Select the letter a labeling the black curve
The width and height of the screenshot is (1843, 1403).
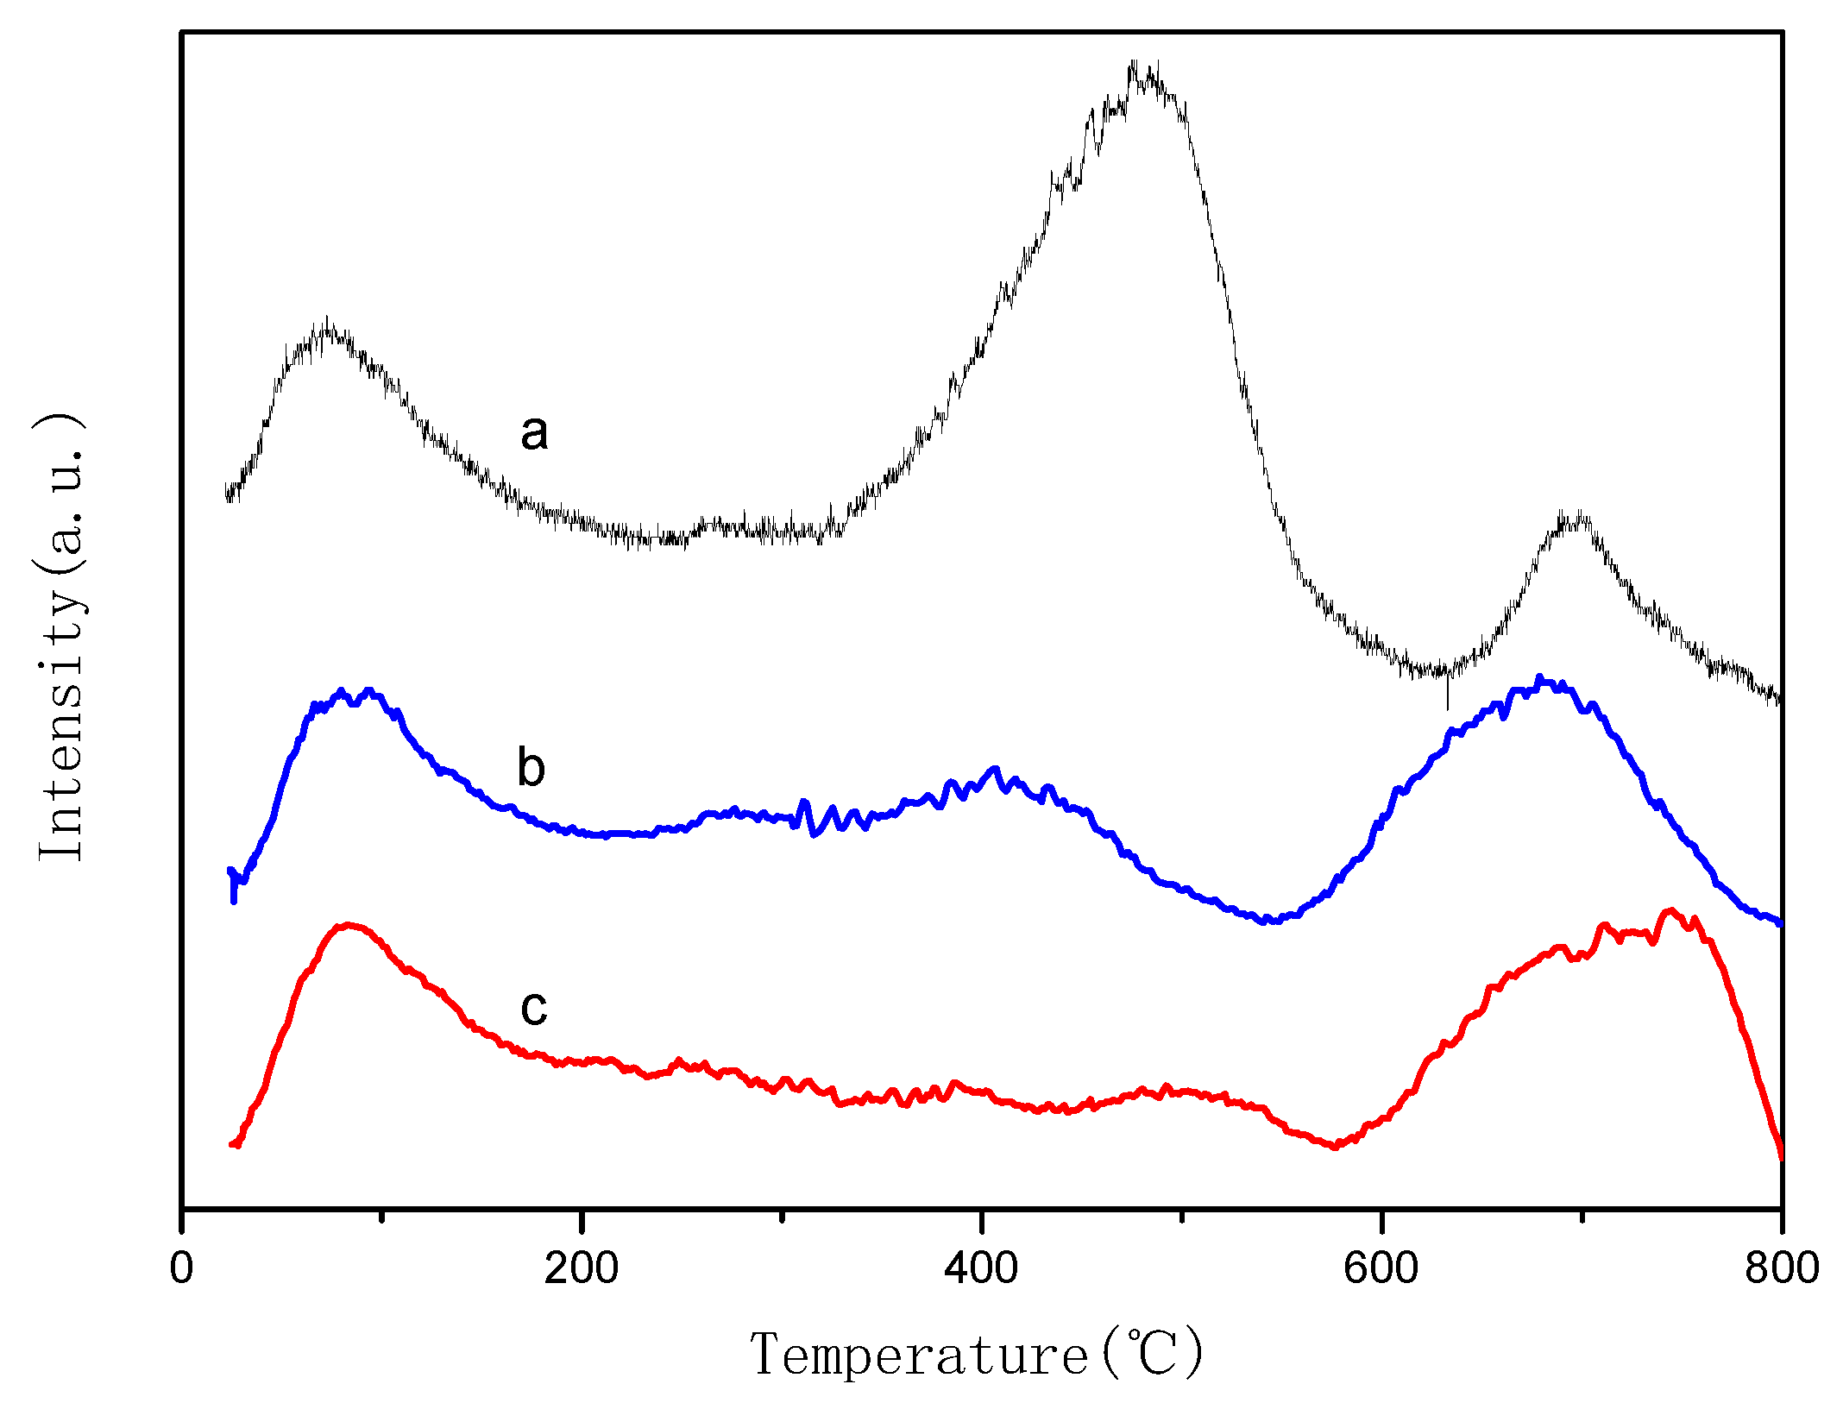tap(534, 431)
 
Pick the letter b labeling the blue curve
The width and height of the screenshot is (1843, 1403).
tap(532, 767)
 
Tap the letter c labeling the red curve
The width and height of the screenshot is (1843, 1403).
tap(534, 1007)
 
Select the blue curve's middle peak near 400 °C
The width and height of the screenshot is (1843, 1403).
tap(995, 768)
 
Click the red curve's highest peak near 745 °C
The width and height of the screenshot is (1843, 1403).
tap(1671, 910)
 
